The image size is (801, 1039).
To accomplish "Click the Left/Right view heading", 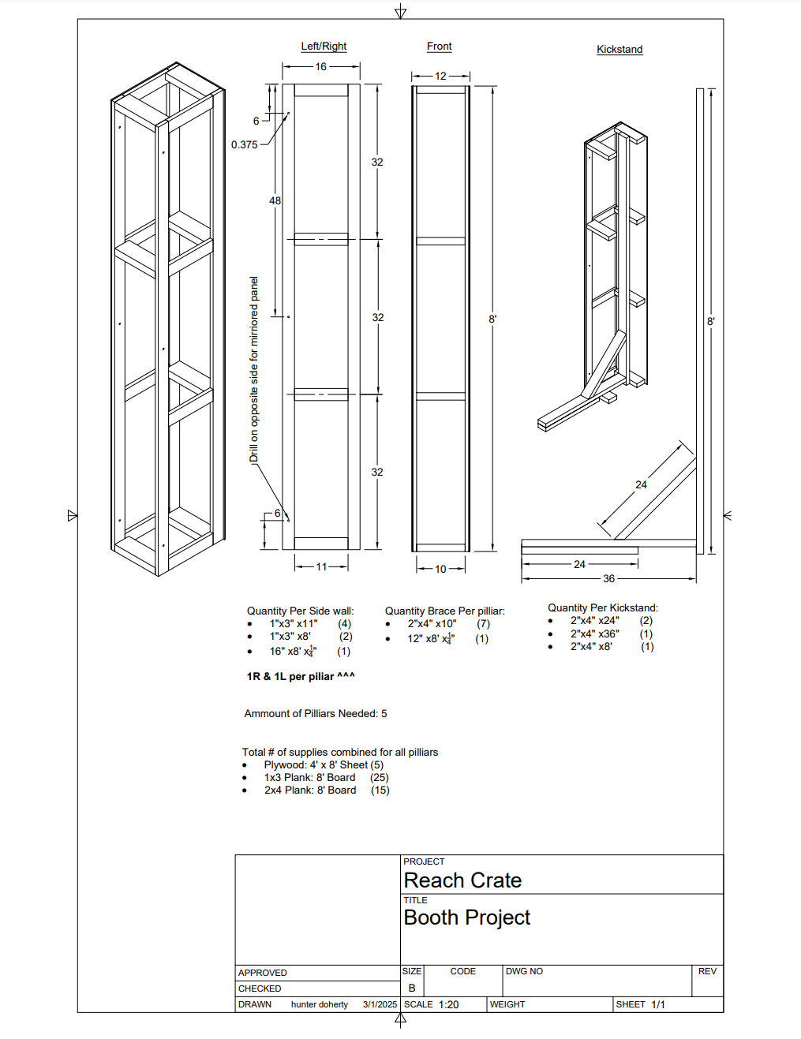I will [x=324, y=47].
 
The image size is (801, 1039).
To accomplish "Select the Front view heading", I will [x=439, y=47].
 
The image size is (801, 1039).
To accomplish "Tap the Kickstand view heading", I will [x=619, y=49].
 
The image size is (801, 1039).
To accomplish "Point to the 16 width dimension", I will [x=320, y=67].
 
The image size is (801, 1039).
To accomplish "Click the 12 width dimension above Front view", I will [x=440, y=77].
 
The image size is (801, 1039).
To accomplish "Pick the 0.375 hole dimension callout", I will [x=245, y=144].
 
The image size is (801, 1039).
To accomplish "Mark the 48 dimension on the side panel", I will [x=275, y=201].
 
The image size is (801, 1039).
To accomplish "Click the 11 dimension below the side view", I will [x=321, y=566].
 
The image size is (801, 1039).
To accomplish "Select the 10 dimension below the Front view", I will [x=440, y=569].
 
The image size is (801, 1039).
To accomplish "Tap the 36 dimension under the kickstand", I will [x=608, y=578].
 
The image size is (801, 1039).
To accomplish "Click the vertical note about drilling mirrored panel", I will [x=254, y=369].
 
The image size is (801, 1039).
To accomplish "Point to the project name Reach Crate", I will [x=462, y=880].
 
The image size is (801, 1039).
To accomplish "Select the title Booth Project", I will [x=467, y=918].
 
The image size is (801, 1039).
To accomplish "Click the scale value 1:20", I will [x=448, y=1004].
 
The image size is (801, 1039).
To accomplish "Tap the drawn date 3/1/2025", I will [x=380, y=1004].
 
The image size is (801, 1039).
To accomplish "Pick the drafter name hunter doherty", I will [x=320, y=1004].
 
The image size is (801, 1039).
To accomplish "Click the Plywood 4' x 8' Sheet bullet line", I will [x=324, y=764].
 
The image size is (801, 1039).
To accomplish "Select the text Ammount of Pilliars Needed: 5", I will [x=316, y=713].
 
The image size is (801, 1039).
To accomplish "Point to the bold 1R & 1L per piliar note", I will [x=301, y=676].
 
